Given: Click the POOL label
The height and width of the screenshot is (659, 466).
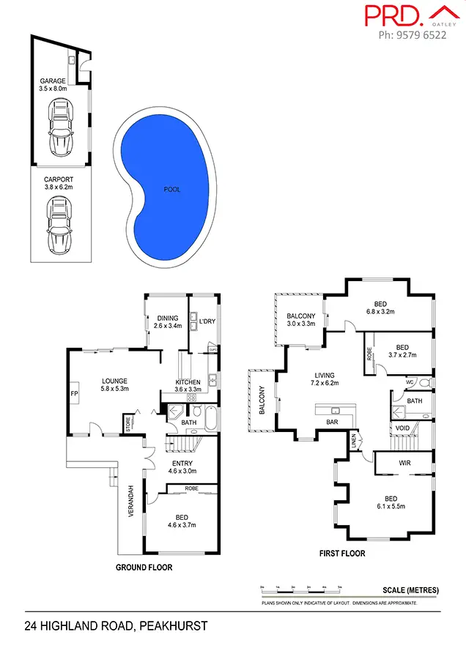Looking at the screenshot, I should [172, 190].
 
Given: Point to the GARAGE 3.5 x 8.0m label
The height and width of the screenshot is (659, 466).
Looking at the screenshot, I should [53, 85].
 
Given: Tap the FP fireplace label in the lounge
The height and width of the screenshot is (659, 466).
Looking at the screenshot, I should [74, 394].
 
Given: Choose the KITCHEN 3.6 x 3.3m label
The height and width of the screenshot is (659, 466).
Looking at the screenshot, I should [188, 386].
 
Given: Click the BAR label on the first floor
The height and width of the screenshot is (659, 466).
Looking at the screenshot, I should [331, 422].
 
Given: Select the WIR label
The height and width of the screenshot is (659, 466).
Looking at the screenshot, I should [404, 463].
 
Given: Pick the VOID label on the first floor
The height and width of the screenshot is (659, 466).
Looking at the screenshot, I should [402, 428].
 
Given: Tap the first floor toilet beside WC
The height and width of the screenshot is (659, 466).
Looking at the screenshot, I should [424, 382].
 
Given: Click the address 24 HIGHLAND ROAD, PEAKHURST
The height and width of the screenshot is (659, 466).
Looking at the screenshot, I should [116, 626].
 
